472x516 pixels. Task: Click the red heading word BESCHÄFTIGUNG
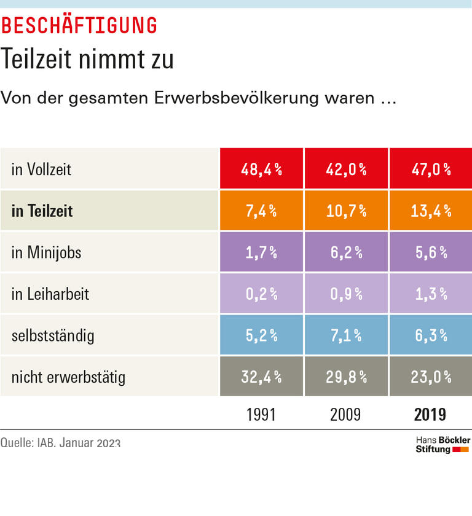click(79, 25)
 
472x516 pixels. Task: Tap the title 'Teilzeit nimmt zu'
click(87, 60)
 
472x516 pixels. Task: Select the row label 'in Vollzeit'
click(41, 169)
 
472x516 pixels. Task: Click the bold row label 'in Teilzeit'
click(42, 211)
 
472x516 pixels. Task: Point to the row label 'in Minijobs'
click(46, 252)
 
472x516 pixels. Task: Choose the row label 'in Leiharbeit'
click(50, 294)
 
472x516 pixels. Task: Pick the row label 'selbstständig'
click(53, 335)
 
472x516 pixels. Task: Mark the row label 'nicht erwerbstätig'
click(68, 377)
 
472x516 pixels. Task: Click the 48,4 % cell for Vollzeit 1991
click(261, 169)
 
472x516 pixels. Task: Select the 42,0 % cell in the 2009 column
click(346, 169)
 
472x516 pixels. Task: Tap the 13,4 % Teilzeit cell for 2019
click(431, 211)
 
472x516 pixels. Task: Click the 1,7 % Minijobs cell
click(261, 252)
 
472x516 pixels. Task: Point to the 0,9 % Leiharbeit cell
click(346, 294)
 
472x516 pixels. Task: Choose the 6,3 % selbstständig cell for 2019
click(431, 335)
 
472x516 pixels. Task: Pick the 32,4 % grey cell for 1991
click(261, 377)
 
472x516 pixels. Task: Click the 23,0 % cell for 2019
click(431, 377)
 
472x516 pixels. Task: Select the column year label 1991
click(261, 414)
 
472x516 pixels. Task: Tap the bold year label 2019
click(430, 414)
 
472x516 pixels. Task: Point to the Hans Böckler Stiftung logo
click(442, 445)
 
